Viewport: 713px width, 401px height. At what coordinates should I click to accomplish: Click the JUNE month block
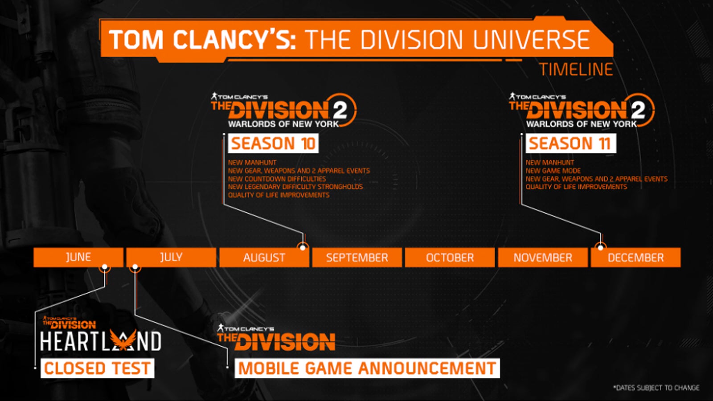tap(78, 257)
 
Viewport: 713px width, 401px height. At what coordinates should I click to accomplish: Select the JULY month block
tap(171, 257)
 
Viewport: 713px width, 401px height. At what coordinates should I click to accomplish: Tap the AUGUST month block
tap(264, 258)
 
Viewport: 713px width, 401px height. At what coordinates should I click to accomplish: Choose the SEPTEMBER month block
tap(357, 258)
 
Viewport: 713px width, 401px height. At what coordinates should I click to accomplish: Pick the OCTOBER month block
tap(450, 258)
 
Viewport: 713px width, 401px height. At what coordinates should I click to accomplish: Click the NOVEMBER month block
tap(542, 258)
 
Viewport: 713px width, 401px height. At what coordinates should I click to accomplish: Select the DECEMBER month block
tap(635, 258)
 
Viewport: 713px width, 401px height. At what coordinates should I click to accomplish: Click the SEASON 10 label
tap(273, 143)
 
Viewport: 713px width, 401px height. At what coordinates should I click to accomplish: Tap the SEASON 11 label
tap(570, 143)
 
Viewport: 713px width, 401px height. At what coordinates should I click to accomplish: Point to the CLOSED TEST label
tap(97, 368)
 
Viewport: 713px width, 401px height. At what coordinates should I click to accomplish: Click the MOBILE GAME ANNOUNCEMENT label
tap(367, 368)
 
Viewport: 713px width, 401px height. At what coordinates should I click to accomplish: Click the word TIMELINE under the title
tap(576, 70)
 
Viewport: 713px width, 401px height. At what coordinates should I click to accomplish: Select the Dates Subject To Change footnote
tap(656, 388)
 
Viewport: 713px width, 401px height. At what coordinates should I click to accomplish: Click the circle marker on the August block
tap(303, 247)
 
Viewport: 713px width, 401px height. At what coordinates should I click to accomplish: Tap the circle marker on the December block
tap(600, 247)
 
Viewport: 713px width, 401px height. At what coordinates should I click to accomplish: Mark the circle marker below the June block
tap(105, 267)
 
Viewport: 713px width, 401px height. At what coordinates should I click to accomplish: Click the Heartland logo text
tap(100, 341)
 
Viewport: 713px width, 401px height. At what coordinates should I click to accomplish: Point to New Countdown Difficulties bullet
tap(277, 179)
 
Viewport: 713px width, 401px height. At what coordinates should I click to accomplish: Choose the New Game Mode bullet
tap(553, 171)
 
